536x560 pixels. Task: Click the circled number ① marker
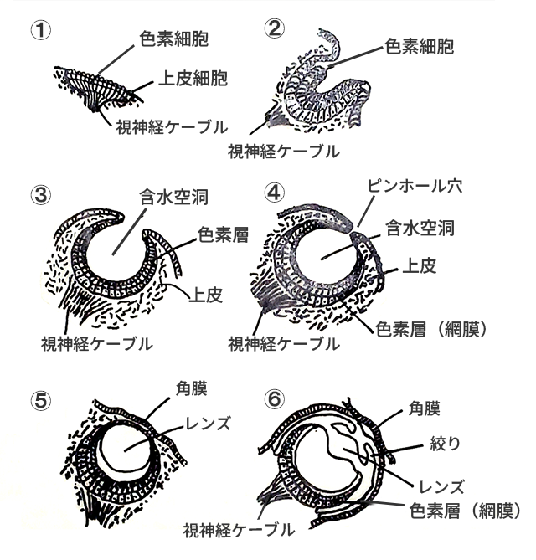click(x=41, y=31)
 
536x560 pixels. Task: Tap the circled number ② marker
click(x=275, y=29)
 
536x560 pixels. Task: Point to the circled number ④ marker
click(x=275, y=193)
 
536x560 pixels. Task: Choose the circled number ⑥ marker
click(x=275, y=399)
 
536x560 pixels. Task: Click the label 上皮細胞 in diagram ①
click(x=193, y=78)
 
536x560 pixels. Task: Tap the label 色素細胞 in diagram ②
click(x=419, y=46)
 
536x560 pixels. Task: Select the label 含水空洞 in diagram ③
click(x=174, y=198)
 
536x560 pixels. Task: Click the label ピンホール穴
click(x=415, y=186)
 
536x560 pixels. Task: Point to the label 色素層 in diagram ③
click(x=223, y=235)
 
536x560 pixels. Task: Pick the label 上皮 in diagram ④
click(x=420, y=266)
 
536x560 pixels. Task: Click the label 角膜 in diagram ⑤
click(x=192, y=388)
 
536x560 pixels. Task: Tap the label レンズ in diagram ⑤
click(x=207, y=424)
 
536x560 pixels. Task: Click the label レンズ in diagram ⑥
click(x=441, y=487)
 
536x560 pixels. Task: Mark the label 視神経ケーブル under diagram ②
click(x=284, y=152)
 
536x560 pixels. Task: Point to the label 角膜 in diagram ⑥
click(x=424, y=408)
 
